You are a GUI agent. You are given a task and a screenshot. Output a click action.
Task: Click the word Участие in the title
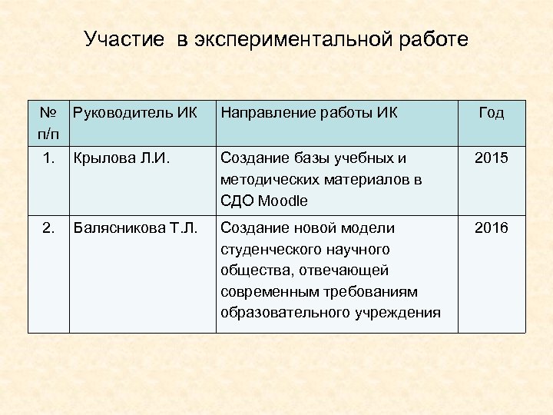click(x=124, y=39)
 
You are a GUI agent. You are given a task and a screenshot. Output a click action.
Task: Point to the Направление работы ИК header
click(x=309, y=114)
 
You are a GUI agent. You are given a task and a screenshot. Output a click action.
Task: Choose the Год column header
click(x=491, y=114)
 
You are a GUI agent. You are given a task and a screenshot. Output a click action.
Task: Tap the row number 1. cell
click(x=48, y=158)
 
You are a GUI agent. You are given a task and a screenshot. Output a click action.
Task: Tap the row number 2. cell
click(x=48, y=228)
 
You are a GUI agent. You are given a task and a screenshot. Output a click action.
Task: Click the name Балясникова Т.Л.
click(x=134, y=228)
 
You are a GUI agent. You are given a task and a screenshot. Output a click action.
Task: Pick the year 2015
click(x=491, y=158)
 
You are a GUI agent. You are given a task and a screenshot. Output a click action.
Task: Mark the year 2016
click(x=491, y=228)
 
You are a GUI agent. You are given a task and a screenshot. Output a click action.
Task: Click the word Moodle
click(x=282, y=201)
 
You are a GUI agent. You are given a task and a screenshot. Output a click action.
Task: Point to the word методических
click(x=267, y=180)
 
